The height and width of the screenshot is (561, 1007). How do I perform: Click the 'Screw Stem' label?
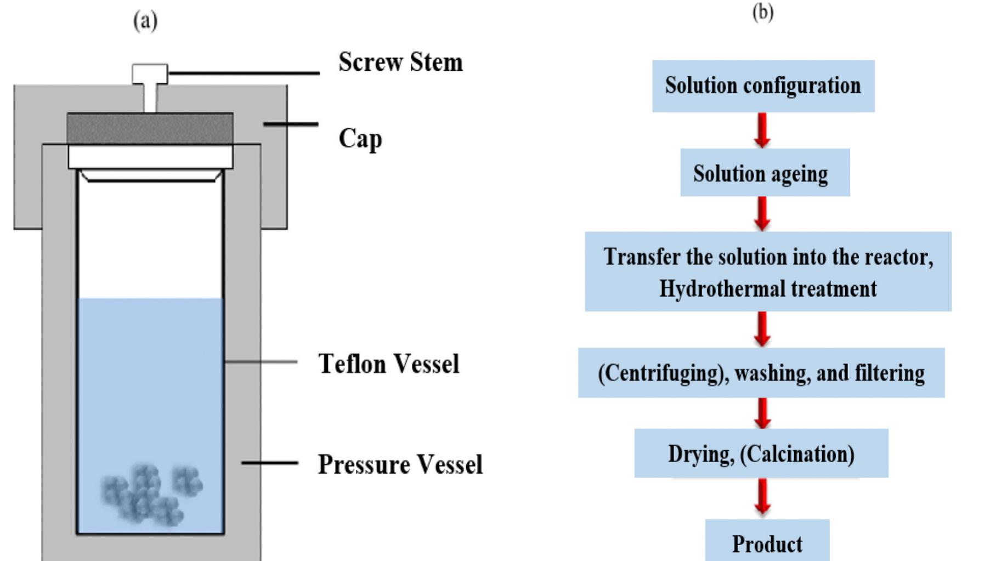(x=400, y=62)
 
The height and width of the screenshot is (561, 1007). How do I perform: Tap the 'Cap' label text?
(x=360, y=138)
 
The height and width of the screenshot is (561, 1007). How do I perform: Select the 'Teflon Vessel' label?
(x=388, y=364)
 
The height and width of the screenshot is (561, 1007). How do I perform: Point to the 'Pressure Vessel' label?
(x=400, y=464)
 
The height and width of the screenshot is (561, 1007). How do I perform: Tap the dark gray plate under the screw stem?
(x=150, y=129)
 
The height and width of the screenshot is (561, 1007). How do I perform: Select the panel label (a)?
(x=145, y=21)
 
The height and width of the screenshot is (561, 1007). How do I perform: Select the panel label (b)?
(x=762, y=12)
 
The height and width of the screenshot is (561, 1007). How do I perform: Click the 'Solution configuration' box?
(x=763, y=86)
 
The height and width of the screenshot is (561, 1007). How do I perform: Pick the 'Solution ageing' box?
(x=765, y=173)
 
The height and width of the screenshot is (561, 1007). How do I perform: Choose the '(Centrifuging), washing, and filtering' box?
(x=761, y=373)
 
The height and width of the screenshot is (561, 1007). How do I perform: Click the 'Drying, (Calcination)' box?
(x=761, y=454)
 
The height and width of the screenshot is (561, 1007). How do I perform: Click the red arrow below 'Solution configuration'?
(x=762, y=131)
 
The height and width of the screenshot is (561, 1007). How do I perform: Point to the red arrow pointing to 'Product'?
(x=762, y=497)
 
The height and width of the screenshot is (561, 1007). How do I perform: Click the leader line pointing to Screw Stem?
(x=244, y=73)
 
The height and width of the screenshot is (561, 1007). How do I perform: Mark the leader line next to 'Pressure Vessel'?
(x=270, y=463)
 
